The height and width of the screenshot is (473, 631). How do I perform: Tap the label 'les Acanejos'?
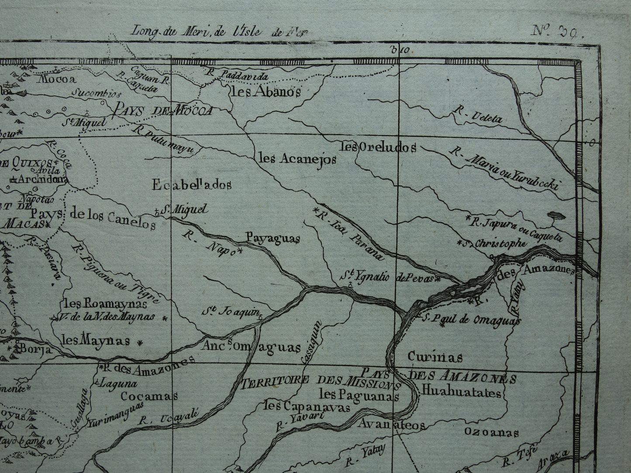pyautogui.click(x=297, y=159)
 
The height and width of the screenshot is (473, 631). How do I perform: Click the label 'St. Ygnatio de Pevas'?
pyautogui.click(x=391, y=277)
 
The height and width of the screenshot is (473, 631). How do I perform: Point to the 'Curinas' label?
pyautogui.click(x=434, y=357)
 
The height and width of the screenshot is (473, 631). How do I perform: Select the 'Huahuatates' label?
pyautogui.click(x=461, y=393)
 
